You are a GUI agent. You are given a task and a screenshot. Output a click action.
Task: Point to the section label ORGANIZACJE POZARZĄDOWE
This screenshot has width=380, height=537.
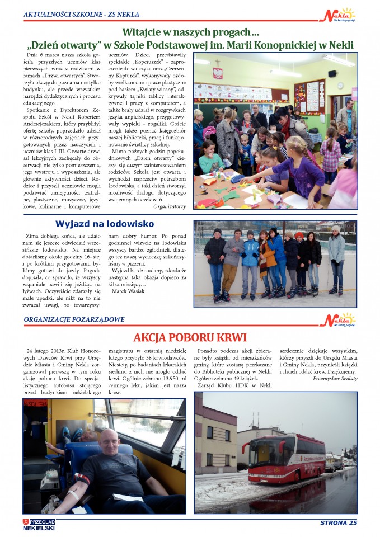point(74,319)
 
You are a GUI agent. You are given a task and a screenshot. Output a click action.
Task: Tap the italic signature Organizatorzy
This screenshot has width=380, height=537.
point(170,206)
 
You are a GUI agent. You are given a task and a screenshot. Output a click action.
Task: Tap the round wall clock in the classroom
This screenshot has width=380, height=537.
point(340,85)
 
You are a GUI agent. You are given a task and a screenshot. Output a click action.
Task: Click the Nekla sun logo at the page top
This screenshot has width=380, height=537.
point(340,15)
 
